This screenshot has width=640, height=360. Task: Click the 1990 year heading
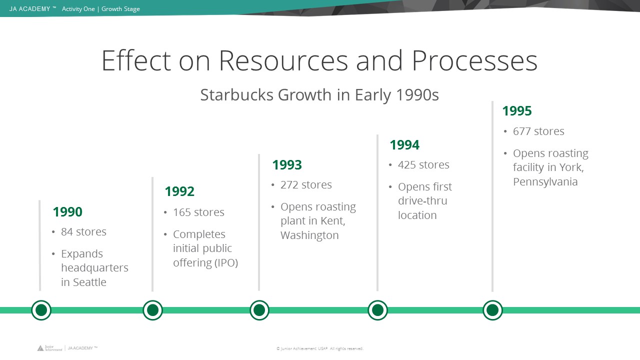tap(67, 212)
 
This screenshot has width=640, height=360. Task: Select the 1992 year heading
tap(179, 191)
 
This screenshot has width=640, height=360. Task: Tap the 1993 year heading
tap(287, 165)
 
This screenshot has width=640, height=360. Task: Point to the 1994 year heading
tap(404, 145)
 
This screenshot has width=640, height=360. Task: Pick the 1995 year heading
tap(517, 111)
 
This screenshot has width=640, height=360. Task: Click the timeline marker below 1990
tap(41, 310)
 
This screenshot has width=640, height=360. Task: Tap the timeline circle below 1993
tap(259, 310)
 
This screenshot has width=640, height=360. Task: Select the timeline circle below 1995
tap(492, 310)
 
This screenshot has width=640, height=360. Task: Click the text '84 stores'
tap(83, 231)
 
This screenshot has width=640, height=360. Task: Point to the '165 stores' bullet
tap(198, 212)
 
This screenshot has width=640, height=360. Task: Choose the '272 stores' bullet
tap(306, 185)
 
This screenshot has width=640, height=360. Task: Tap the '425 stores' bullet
tap(423, 165)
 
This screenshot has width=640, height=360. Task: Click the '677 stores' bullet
tap(538, 131)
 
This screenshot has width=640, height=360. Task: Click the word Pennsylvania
tap(545, 182)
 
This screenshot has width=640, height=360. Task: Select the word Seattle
tap(89, 282)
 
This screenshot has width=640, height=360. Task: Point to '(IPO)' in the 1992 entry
tap(225, 263)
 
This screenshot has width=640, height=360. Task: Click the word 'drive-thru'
tap(422, 201)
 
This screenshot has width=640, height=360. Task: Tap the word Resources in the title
tap(283, 60)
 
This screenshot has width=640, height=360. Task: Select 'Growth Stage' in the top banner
tap(120, 9)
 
